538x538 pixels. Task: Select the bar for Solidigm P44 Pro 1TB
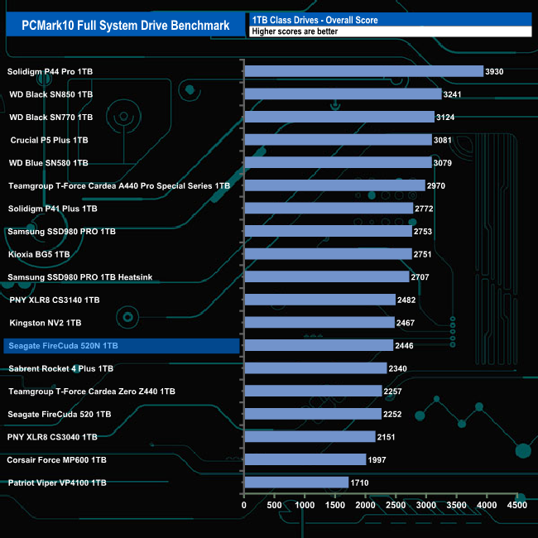363,71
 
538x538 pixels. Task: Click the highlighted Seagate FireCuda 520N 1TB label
62,345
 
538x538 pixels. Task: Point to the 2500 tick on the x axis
396,505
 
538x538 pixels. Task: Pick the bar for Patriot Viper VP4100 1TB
296,483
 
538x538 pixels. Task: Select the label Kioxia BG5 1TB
40,254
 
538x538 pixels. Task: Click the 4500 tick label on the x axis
516,505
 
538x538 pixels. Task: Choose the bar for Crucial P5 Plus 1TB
338,140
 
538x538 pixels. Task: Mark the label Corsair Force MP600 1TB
56,459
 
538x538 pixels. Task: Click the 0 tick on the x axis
244,505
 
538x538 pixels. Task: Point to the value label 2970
436,185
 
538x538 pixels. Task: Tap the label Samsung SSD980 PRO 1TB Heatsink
79,276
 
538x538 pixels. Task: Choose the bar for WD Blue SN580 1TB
338,163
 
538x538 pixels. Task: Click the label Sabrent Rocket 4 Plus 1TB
60,368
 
